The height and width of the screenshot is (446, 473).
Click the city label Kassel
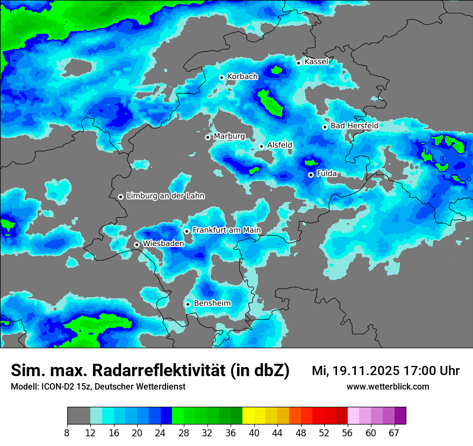pos(316,62)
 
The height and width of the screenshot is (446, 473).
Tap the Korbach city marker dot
pos(221,77)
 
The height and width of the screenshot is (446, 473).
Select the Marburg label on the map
pos(229,136)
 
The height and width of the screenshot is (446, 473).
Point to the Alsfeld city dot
pos(262,146)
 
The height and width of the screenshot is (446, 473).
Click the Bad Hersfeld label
pos(354,126)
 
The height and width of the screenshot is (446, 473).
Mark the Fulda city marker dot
pos(311,175)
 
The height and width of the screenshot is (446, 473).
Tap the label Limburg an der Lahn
pos(165,196)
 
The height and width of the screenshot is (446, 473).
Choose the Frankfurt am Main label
pos(226,230)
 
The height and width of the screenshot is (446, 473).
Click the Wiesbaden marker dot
pos(137,244)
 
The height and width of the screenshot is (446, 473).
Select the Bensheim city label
pos(212,303)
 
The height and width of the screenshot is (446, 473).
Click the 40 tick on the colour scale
pos(254,433)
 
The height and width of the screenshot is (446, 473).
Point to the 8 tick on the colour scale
pos(67,433)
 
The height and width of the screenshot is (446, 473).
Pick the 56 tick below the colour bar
pos(348,433)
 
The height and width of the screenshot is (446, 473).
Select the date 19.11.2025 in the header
pos(365,371)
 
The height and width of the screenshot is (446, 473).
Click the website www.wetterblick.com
pos(388,386)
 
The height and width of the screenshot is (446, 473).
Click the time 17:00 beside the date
pos(423,371)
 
